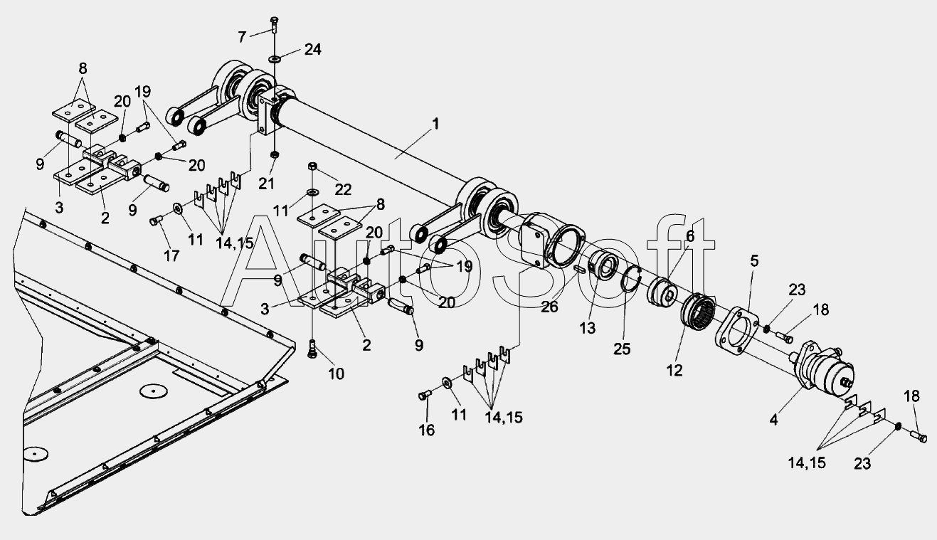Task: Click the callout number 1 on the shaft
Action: tap(435, 123)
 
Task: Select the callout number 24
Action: tap(312, 50)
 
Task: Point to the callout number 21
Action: tap(267, 185)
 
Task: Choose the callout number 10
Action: tap(335, 373)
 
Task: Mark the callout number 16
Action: tap(426, 430)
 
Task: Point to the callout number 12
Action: tap(674, 370)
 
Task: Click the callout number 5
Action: tap(753, 261)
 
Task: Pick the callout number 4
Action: tap(773, 420)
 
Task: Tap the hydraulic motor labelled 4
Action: tap(825, 366)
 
